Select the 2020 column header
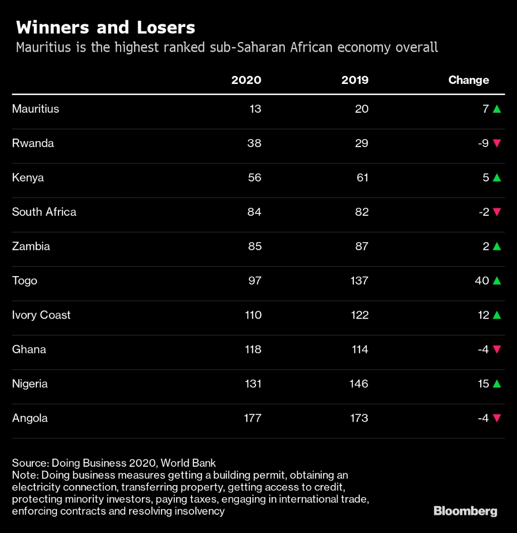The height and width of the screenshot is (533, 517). coord(246,80)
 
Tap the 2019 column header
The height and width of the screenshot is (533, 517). coord(354,80)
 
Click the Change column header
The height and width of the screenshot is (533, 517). coord(468,80)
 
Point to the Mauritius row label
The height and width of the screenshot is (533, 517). coord(35,109)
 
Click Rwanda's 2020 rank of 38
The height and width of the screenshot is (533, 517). coord(254,143)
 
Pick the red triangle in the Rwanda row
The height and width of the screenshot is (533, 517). coord(496,143)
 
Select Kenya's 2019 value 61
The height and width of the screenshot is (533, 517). coord(361,177)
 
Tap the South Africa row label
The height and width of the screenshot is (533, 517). coord(44,212)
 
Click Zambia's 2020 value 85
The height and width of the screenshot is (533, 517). coord(254,246)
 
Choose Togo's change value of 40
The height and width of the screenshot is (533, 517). coord(482,281)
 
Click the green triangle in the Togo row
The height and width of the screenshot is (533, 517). coord(496,281)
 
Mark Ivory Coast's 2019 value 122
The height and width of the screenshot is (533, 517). coord(359,315)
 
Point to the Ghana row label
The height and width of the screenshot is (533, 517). coord(29,349)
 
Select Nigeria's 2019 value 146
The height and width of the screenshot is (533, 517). coord(359,384)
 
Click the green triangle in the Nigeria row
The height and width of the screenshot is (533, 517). coord(496,384)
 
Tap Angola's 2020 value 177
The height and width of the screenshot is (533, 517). coord(252,418)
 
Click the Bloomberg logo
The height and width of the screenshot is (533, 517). coord(465,511)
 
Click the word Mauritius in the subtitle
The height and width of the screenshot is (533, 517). coord(41,48)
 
